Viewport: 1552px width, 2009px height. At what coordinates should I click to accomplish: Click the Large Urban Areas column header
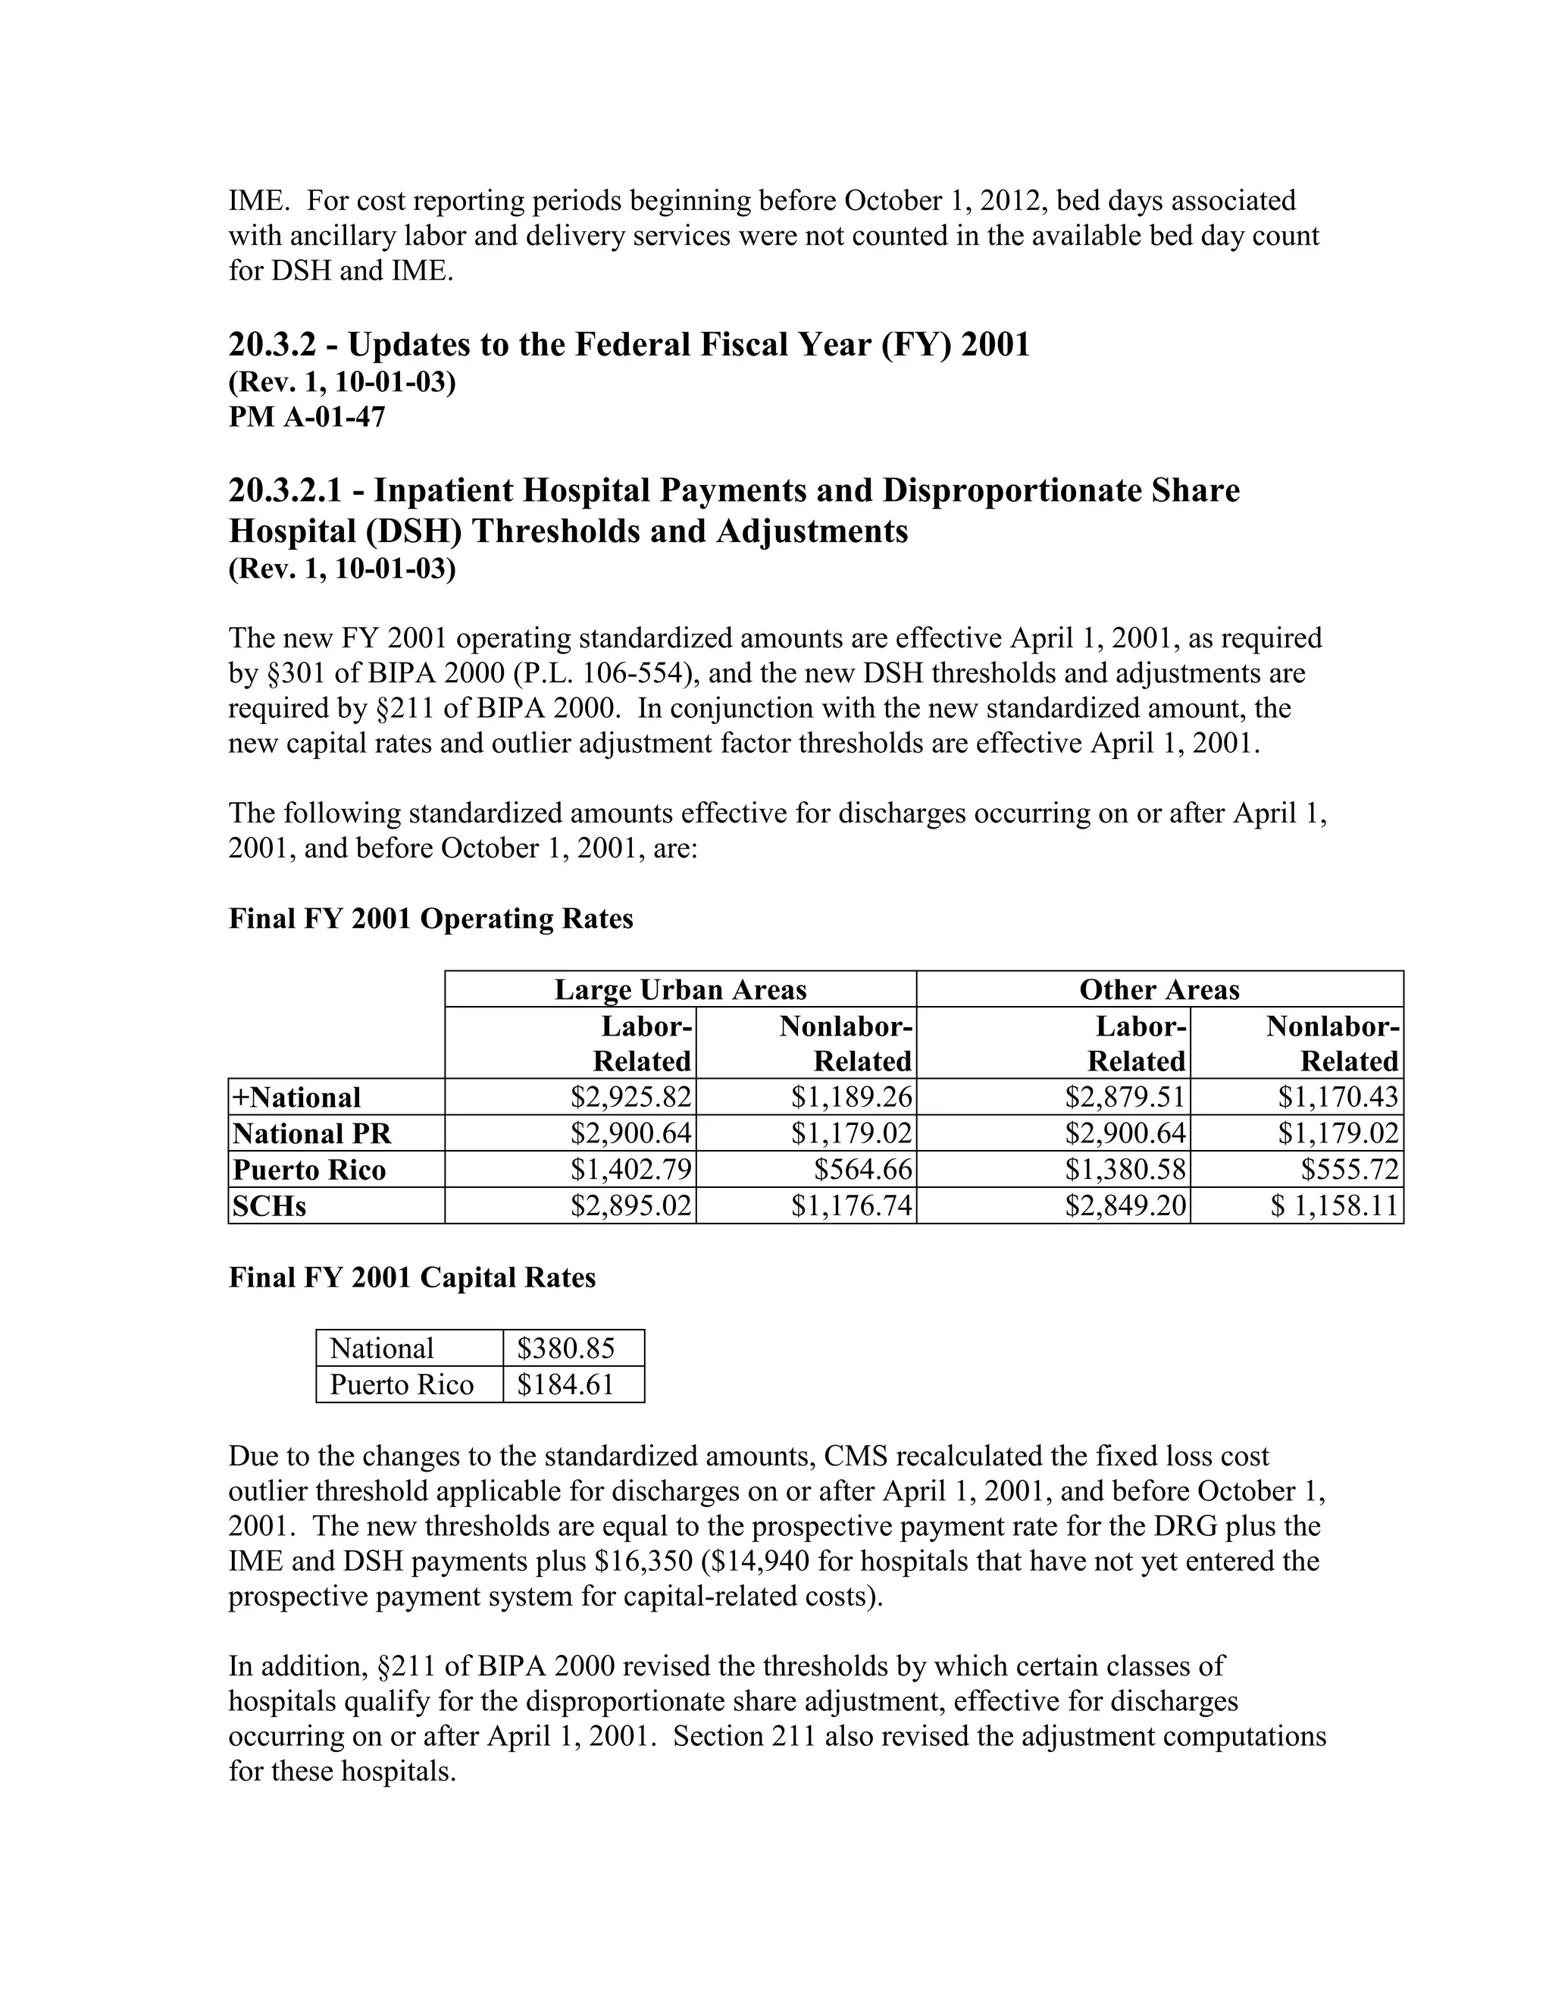pos(681,990)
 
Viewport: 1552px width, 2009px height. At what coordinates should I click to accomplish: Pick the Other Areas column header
pos(1159,990)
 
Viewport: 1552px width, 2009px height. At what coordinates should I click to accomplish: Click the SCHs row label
pos(269,1206)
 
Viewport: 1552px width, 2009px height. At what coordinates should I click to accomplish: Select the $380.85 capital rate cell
pos(565,1349)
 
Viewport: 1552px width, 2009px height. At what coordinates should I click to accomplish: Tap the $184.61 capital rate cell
pos(565,1384)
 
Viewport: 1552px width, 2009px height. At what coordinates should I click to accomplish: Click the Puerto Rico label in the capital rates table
pos(402,1384)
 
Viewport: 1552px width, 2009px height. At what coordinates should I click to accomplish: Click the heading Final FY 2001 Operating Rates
pos(430,918)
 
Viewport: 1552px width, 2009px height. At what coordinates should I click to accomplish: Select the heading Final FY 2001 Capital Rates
pos(412,1277)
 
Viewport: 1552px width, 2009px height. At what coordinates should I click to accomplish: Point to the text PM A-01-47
pos(307,417)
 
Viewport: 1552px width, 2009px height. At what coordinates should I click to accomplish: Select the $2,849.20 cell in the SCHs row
pos(1125,1205)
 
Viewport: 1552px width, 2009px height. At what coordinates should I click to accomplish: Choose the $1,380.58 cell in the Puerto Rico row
pos(1125,1169)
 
